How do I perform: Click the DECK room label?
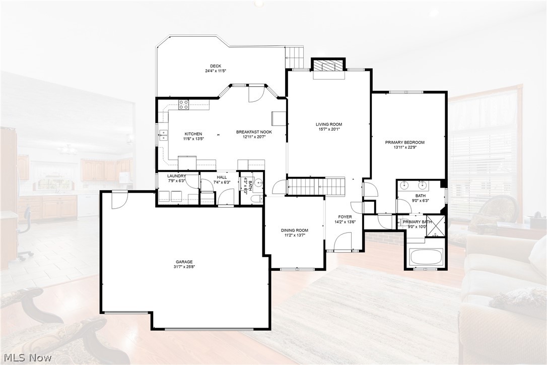tap(216, 66)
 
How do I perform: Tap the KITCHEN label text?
tap(193, 134)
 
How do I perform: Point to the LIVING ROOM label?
tap(329, 124)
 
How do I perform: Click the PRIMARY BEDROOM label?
tap(404, 143)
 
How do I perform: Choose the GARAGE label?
tap(184, 262)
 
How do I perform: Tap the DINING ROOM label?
tap(294, 230)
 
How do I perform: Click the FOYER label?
tap(345, 217)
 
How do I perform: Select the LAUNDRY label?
tap(176, 175)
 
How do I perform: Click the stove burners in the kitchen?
tap(184, 105)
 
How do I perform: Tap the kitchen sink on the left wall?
tap(163, 134)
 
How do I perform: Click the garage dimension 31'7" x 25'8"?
tap(184, 267)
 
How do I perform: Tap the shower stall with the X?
tap(437, 225)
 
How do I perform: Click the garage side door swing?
tap(117, 201)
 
